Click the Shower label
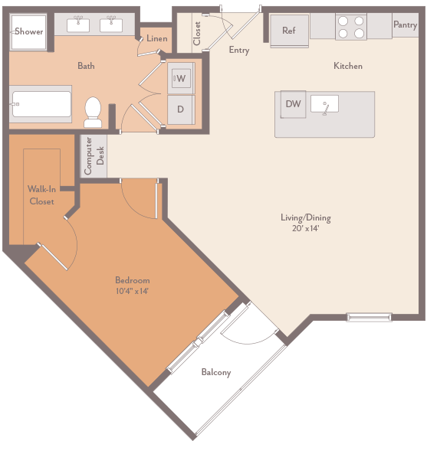point(29,32)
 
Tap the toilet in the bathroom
point(94,112)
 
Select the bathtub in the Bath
point(41,104)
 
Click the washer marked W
point(181,78)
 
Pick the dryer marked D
point(181,109)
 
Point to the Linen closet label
point(157,38)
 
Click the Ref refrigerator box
point(289,31)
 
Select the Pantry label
point(405,25)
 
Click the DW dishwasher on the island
point(293,104)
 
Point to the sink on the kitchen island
point(330,105)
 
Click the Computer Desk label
point(94,155)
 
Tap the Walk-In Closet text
point(41,195)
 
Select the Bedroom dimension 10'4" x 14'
point(132,291)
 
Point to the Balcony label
point(215,373)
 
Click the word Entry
point(239,51)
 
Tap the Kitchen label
point(347,67)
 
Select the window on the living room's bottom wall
point(370,316)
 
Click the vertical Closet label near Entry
point(197,33)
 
